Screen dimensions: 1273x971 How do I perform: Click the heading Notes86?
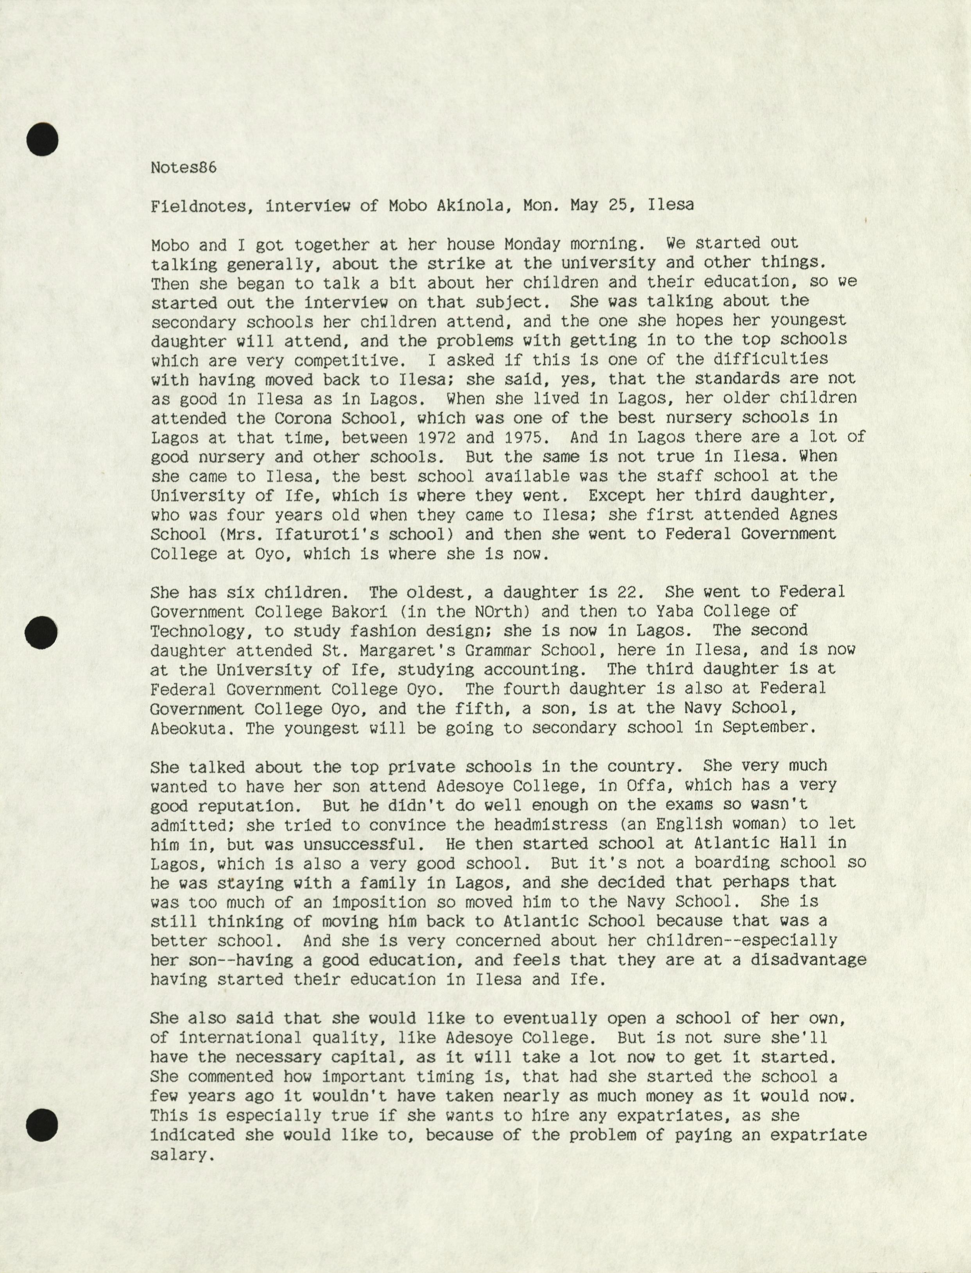point(183,168)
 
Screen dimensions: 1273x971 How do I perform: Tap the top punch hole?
point(42,139)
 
